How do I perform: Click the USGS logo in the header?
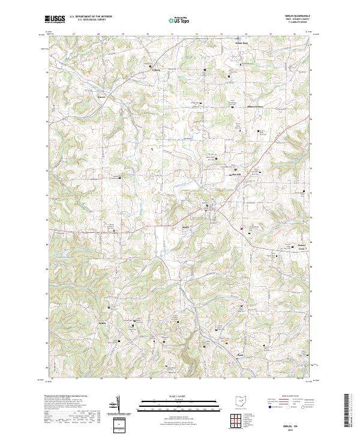(x=54, y=19)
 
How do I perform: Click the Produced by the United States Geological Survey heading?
(x=66, y=396)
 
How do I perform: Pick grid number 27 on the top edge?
(x=73, y=35)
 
